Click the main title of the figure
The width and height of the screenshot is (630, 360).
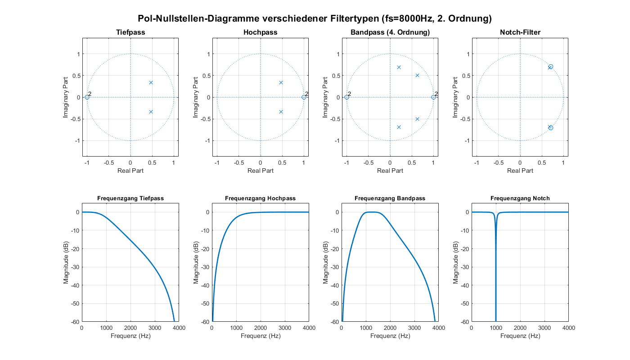(x=315, y=18)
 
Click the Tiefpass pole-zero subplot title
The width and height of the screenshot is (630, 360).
(x=130, y=32)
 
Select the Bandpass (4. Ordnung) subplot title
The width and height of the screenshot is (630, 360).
(x=390, y=32)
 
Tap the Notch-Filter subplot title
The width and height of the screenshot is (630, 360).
(x=520, y=32)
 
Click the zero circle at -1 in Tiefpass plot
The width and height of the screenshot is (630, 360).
(x=87, y=97)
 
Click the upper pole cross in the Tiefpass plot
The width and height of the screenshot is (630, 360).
(x=151, y=82)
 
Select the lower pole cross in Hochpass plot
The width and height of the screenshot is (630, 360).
(x=281, y=112)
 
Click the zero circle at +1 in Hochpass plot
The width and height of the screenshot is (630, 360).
(x=304, y=97)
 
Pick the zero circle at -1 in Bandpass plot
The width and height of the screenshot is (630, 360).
(x=346, y=97)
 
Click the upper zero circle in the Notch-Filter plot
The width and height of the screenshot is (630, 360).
(x=550, y=67)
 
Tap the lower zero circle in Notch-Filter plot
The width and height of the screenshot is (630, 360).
(x=550, y=128)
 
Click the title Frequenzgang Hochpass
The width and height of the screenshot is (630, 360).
(x=260, y=198)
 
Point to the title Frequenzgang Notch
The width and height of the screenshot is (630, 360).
(x=520, y=198)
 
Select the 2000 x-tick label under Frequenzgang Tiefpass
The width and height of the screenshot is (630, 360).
(x=130, y=328)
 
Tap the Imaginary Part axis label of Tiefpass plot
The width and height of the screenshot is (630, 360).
(x=66, y=97)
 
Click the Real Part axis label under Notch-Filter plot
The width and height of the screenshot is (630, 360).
(x=520, y=171)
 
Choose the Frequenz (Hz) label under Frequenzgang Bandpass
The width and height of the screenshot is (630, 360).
(x=390, y=336)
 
